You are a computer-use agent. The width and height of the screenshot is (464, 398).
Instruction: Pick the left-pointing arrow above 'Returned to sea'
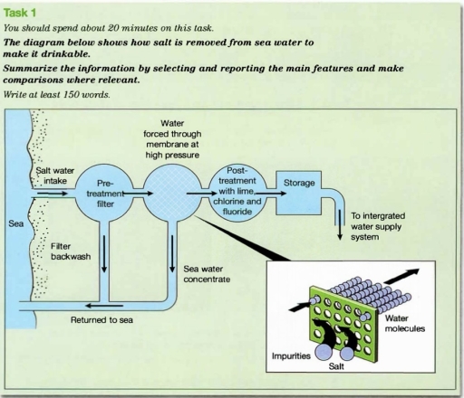point(66,301)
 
